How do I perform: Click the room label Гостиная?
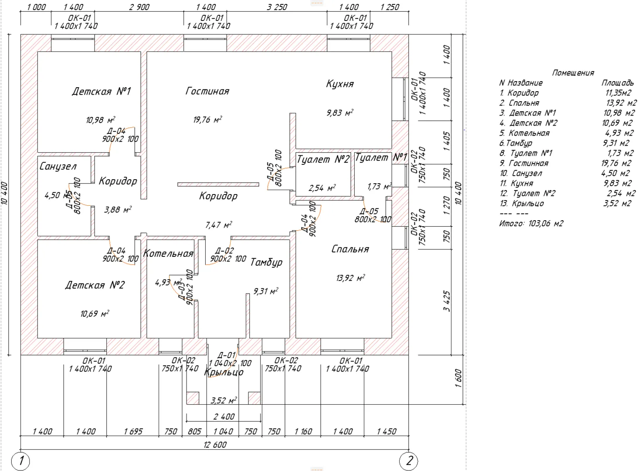click(207, 91)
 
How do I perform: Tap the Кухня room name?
click(340, 84)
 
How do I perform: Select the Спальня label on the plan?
click(350, 249)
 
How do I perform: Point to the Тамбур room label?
click(266, 262)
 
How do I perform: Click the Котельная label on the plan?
click(168, 253)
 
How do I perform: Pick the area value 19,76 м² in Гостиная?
click(207, 119)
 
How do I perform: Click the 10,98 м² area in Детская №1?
click(100, 120)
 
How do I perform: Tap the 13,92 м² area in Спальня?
click(350, 278)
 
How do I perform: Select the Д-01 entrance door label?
click(227, 355)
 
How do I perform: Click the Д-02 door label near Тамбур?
click(225, 251)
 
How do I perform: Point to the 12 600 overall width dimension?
click(215, 445)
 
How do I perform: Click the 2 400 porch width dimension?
click(224, 416)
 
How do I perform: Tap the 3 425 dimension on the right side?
click(447, 301)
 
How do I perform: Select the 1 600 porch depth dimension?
click(458, 380)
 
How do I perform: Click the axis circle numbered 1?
click(20, 461)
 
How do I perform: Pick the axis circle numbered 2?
click(409, 461)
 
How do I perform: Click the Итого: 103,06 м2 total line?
click(531, 223)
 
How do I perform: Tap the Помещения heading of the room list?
click(573, 73)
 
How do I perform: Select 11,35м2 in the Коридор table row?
click(618, 93)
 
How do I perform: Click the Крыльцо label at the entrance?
click(224, 372)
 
